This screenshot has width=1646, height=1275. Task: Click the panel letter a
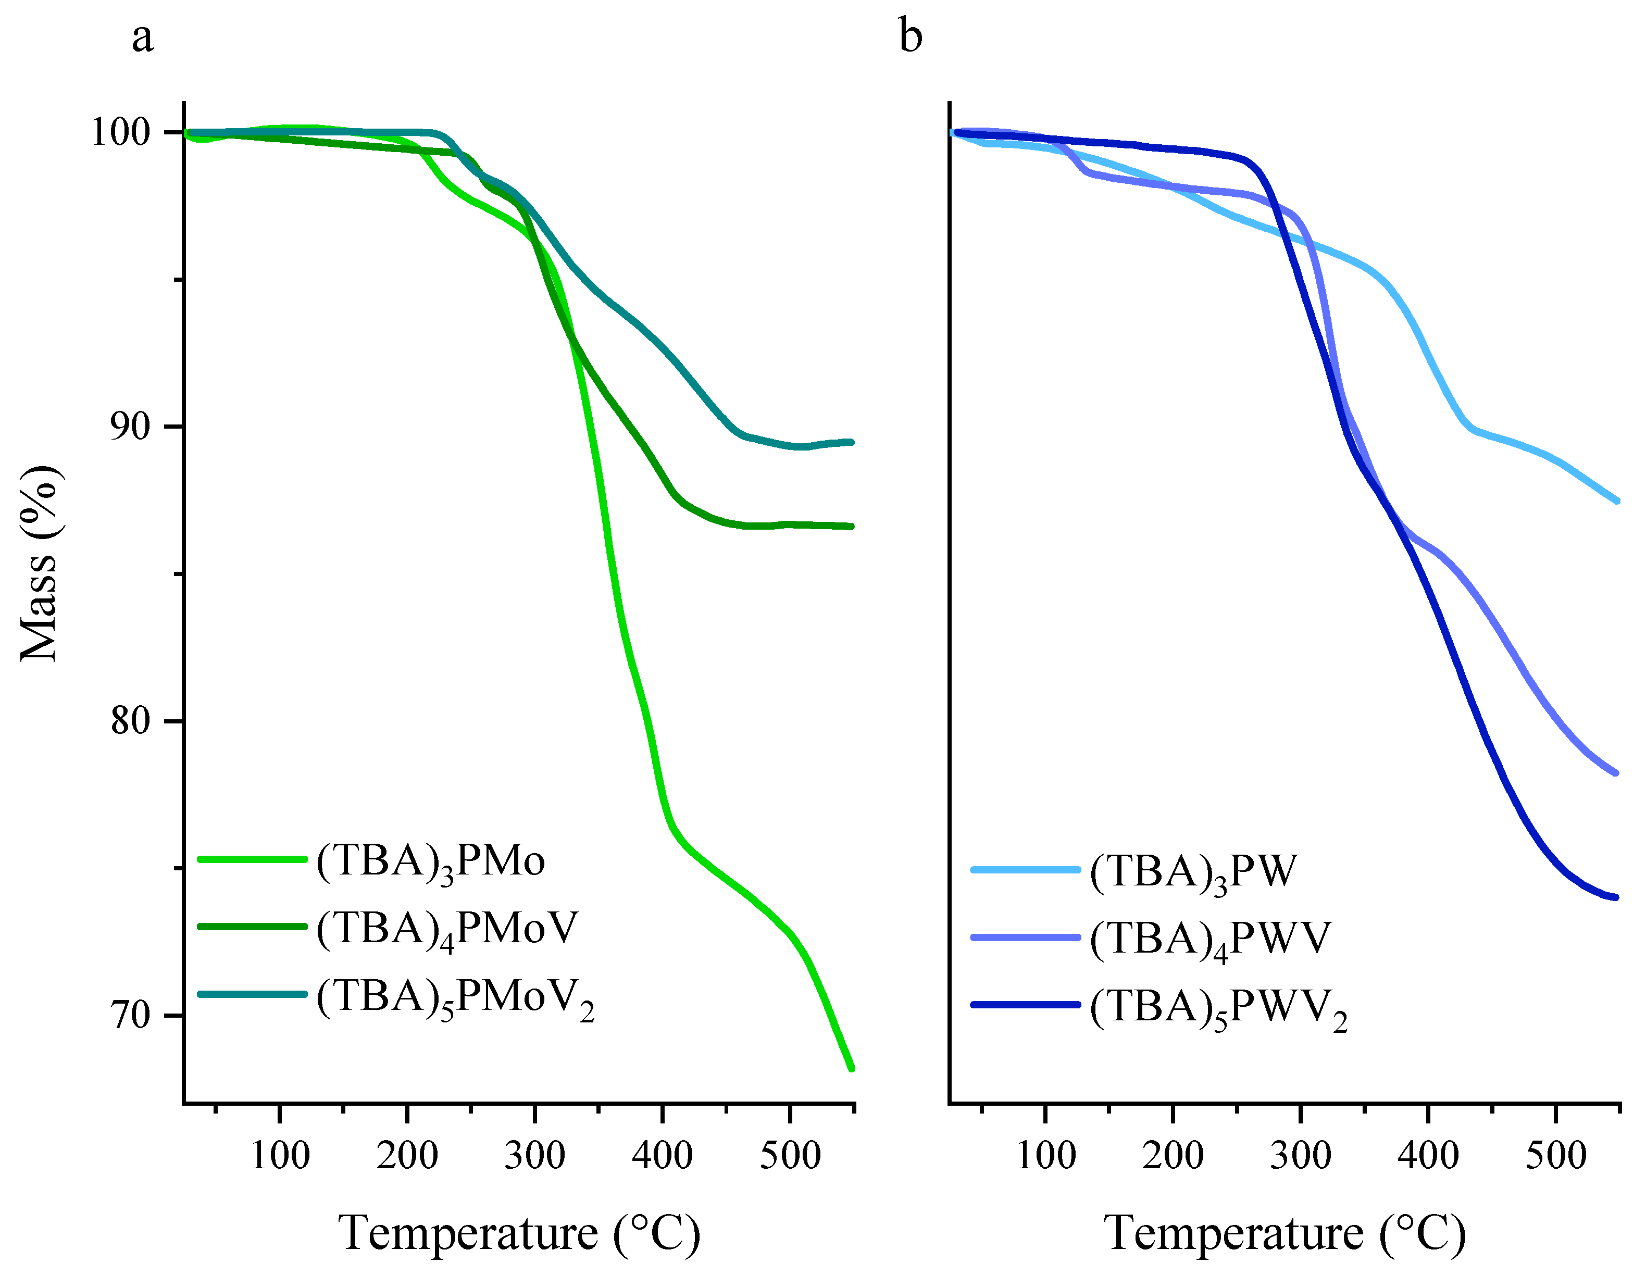click(142, 37)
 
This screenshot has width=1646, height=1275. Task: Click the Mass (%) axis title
click(39, 564)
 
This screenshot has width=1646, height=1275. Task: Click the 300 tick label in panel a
click(534, 1155)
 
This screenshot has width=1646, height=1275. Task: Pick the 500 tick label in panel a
click(790, 1155)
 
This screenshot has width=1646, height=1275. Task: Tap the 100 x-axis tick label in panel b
click(1045, 1155)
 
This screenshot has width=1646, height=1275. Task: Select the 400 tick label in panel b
click(1428, 1155)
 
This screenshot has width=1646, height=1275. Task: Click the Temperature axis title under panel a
click(519, 1233)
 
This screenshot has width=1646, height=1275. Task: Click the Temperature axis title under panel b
click(1285, 1233)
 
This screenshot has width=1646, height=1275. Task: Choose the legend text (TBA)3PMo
click(430, 861)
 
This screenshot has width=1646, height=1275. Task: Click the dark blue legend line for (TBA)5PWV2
click(1026, 1005)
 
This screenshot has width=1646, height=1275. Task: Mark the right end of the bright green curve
click(851, 1068)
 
